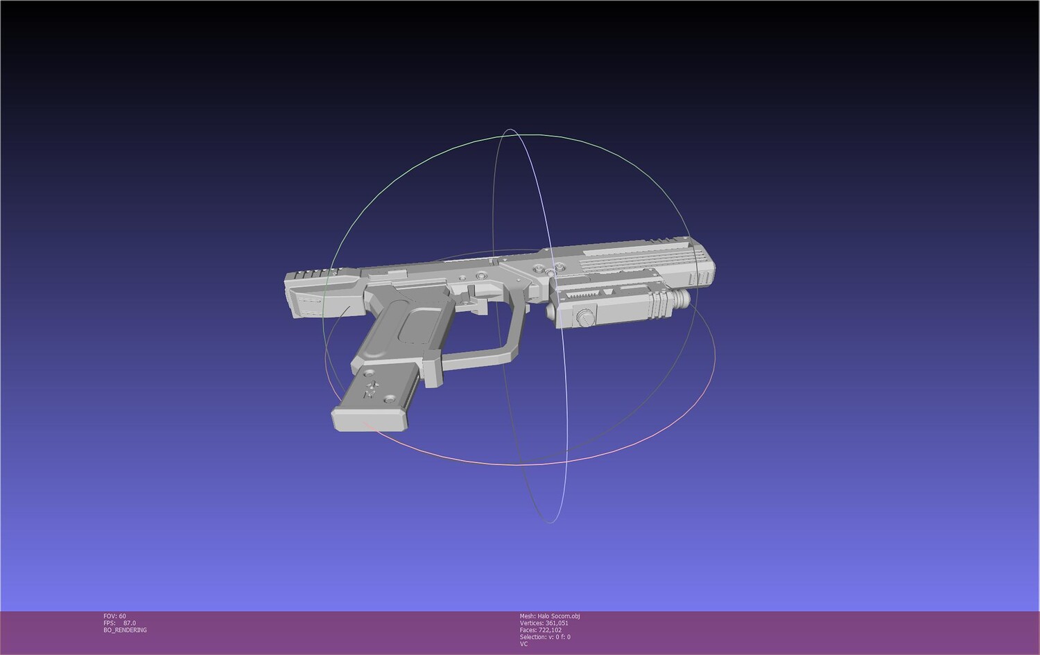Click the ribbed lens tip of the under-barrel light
point(680,299)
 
